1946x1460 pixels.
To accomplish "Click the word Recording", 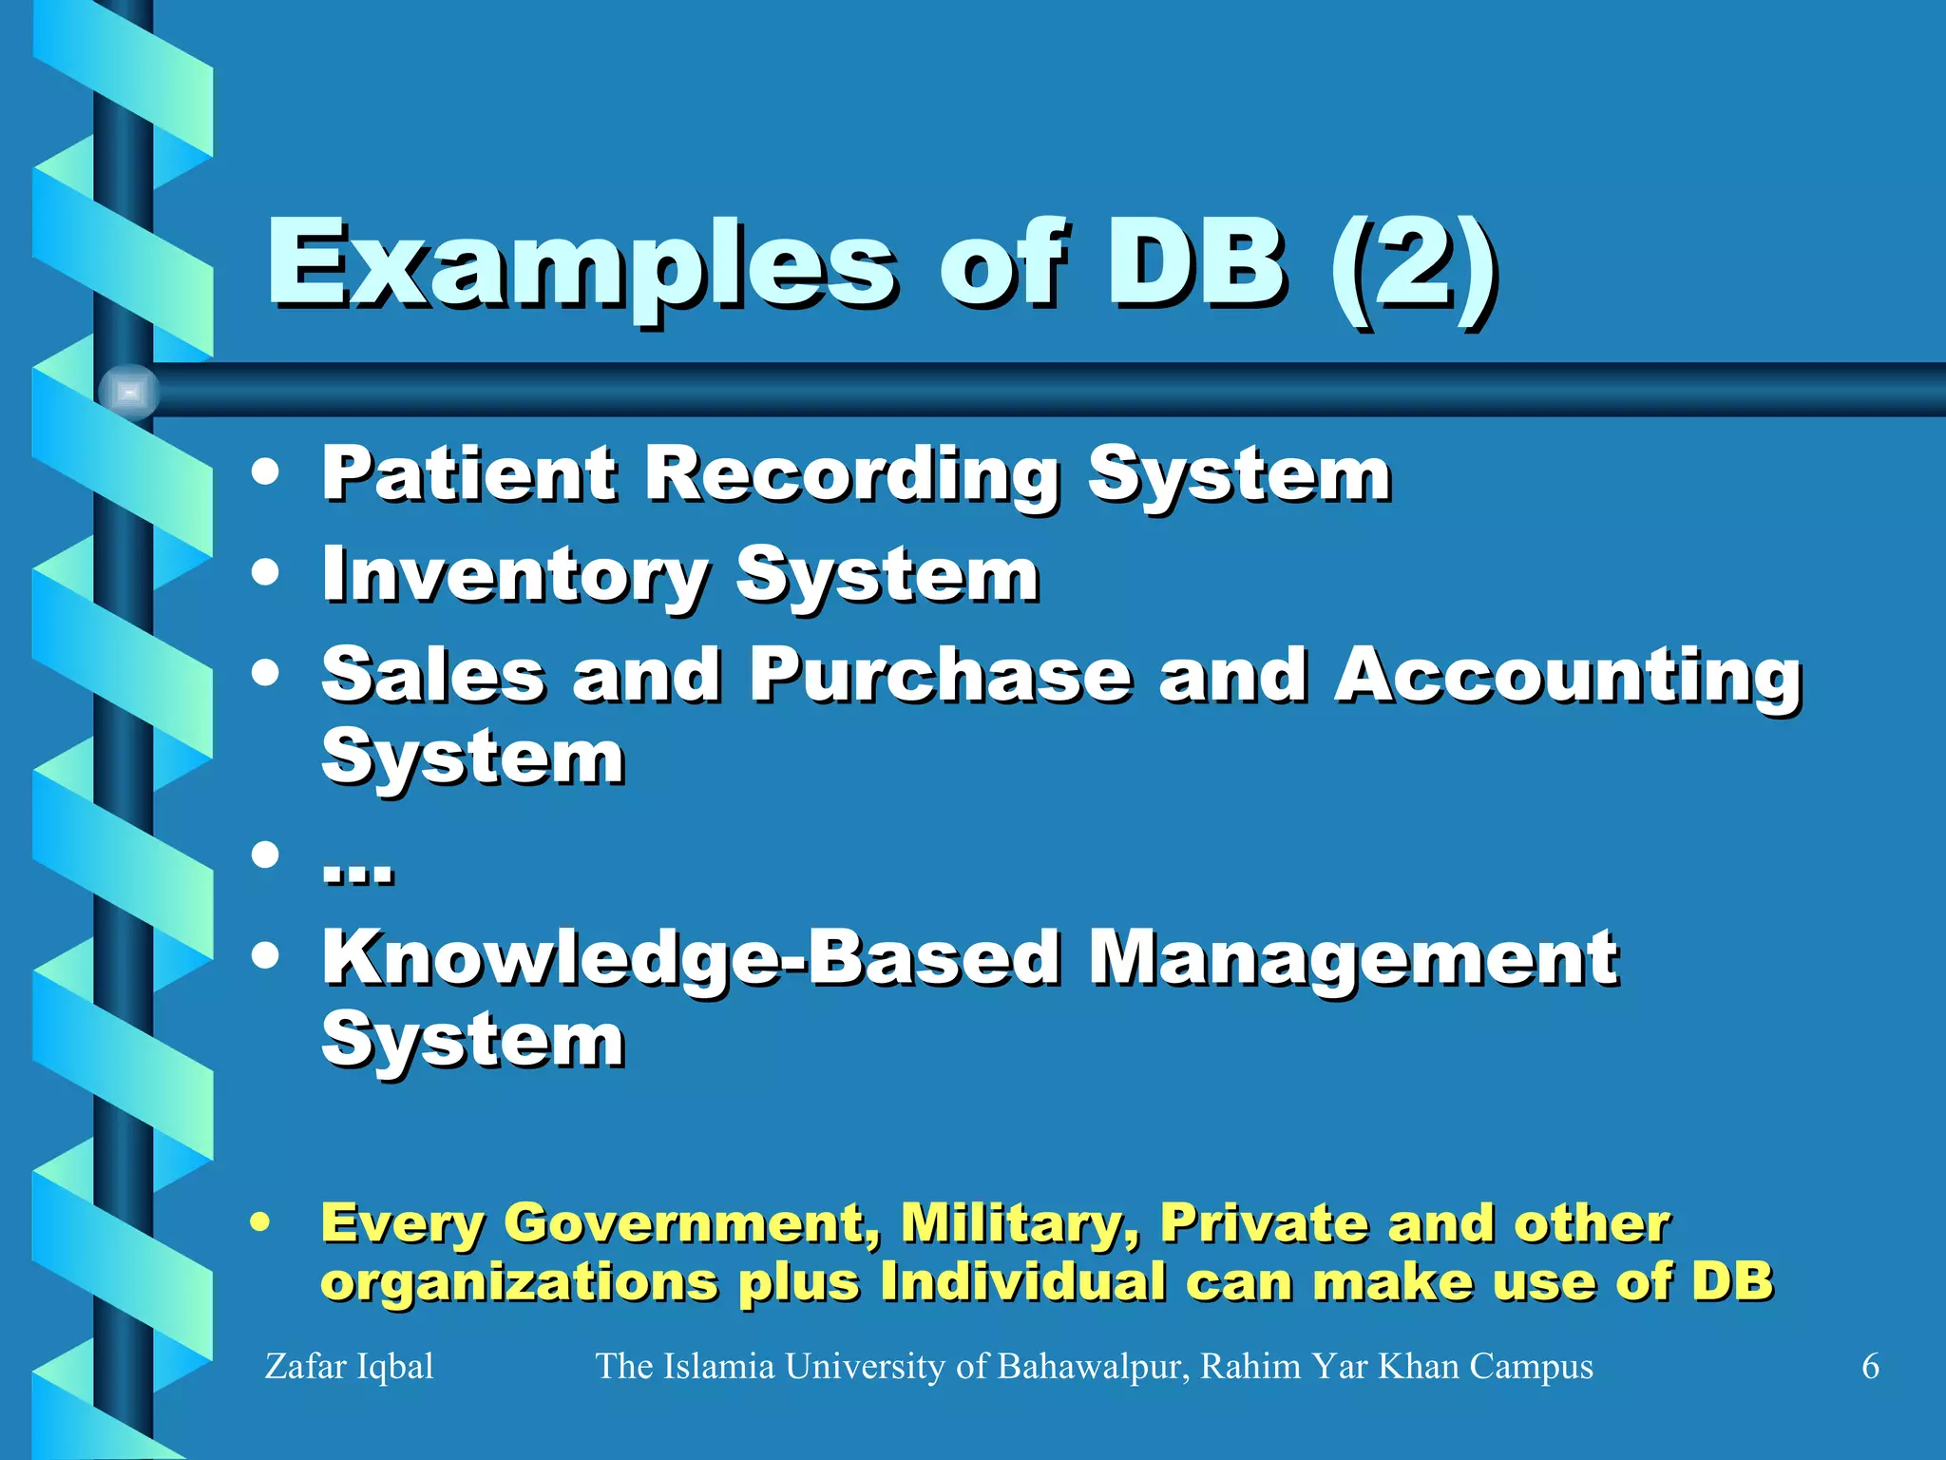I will [x=852, y=475].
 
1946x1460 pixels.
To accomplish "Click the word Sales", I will [x=433, y=675].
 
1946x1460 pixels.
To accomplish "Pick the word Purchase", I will [x=941, y=675].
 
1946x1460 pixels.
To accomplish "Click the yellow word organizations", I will [x=519, y=1283].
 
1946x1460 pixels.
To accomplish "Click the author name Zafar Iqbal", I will [x=349, y=1366].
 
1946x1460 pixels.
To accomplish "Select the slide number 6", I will [x=1870, y=1366].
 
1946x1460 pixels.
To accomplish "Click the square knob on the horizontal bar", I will [x=129, y=392].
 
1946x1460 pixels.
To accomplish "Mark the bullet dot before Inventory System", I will [x=266, y=572].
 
